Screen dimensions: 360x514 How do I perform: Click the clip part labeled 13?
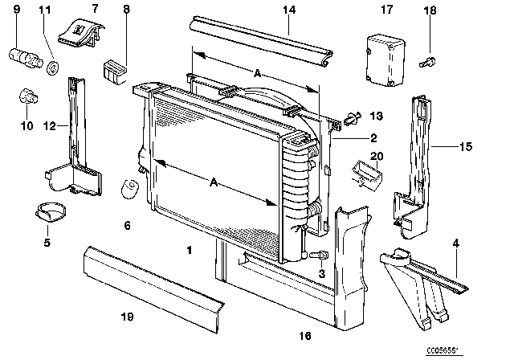coord(351,120)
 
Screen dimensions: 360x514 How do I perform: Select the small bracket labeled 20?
coord(366,170)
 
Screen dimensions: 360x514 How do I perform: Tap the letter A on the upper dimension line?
coord(256,73)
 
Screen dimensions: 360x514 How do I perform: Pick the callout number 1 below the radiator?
coord(189,251)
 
